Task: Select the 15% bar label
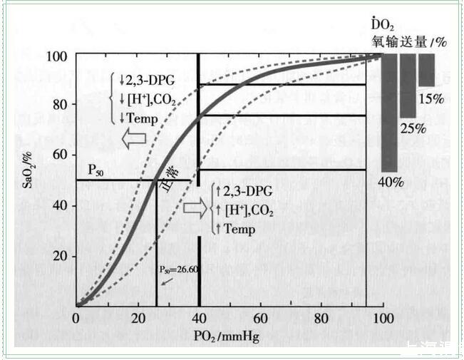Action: tap(431, 97)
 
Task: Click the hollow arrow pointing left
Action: tap(135, 140)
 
